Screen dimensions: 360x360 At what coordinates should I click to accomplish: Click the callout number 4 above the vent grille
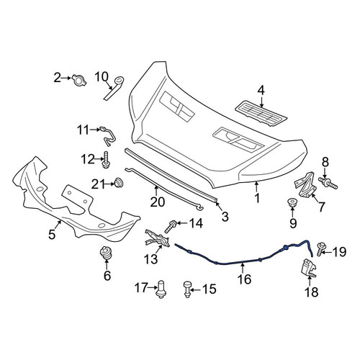261,91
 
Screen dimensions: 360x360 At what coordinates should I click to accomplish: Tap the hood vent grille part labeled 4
261,114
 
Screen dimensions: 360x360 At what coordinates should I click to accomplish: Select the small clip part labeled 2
78,80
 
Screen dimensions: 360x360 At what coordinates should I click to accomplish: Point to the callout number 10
102,77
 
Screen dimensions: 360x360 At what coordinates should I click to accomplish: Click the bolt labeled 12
106,160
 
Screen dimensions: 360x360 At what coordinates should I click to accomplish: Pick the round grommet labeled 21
118,183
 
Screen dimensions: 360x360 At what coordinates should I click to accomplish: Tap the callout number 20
158,202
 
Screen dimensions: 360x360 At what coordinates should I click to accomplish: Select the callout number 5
52,234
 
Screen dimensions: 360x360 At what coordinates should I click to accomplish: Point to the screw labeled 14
170,226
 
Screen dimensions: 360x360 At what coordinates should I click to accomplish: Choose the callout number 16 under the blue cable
244,279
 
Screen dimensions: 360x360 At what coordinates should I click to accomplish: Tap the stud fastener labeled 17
161,289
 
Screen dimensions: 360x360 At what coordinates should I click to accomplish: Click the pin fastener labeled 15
187,289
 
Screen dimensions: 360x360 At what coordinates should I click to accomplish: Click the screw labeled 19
320,250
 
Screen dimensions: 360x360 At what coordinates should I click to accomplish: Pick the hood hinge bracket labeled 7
305,184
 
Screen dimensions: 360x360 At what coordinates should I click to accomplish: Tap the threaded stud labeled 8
328,183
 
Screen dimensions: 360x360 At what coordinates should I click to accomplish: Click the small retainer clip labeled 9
292,203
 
